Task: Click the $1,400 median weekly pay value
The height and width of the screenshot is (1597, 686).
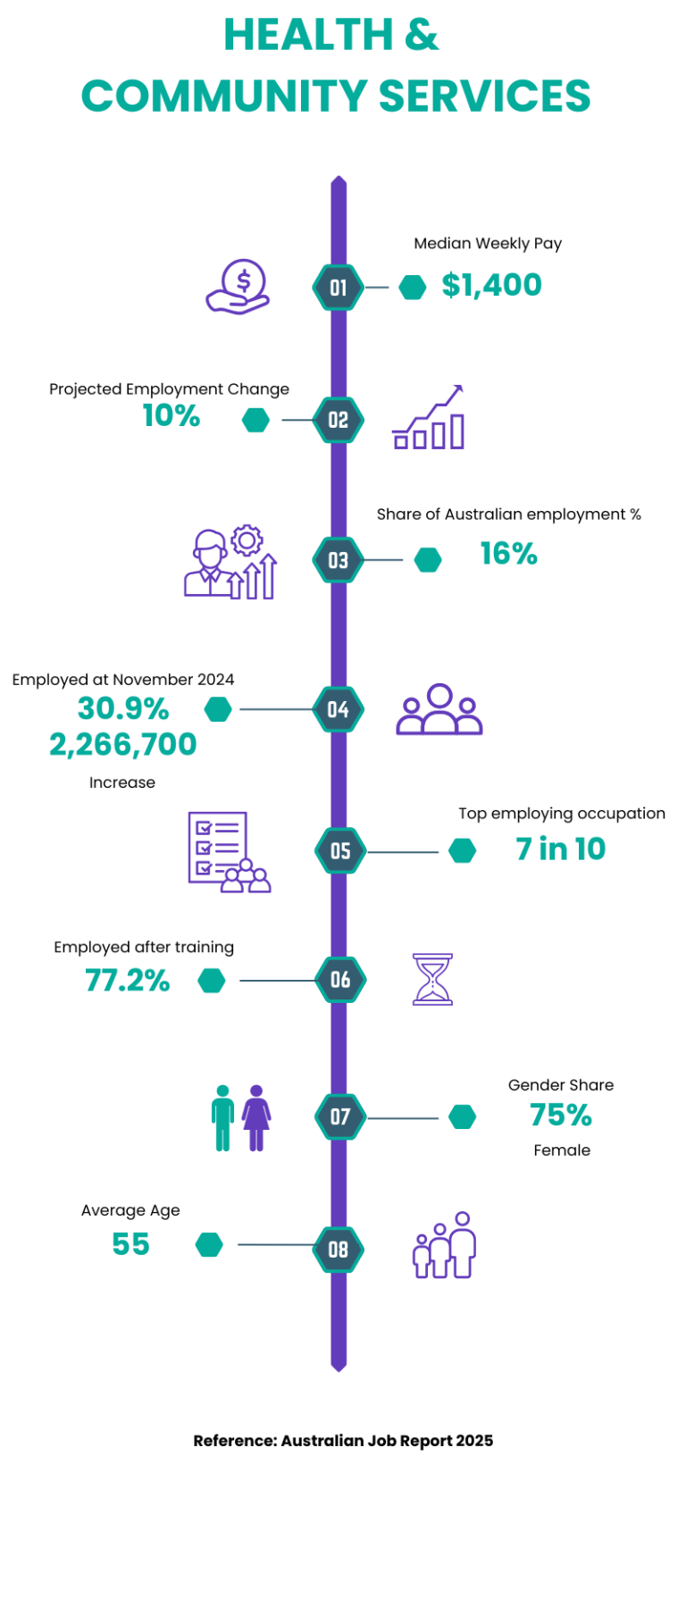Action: (491, 285)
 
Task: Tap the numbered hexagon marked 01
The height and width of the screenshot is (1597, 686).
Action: (338, 288)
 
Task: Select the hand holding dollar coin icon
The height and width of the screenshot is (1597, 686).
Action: (238, 287)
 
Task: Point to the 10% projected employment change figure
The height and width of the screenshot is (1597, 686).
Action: (171, 415)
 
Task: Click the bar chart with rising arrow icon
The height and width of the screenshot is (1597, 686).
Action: (430, 418)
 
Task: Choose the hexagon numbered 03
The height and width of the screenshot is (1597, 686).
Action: (338, 560)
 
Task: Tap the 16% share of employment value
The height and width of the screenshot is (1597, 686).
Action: (508, 554)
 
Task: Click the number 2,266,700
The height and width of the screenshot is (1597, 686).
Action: (123, 744)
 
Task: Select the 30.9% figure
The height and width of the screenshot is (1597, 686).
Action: (123, 708)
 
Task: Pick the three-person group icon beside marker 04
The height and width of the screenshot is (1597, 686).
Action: (439, 710)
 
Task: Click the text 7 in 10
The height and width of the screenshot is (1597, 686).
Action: (560, 849)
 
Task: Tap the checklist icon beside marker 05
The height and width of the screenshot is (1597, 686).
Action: (228, 852)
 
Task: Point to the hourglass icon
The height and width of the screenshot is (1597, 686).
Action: (432, 980)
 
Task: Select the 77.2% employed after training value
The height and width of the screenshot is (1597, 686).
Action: (128, 981)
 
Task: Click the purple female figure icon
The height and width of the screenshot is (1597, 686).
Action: (256, 1117)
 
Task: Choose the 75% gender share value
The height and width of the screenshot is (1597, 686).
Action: (561, 1115)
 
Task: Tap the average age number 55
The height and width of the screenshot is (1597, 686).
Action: (130, 1244)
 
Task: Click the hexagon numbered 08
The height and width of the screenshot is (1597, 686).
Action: (338, 1250)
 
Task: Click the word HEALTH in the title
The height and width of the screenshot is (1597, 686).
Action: (307, 36)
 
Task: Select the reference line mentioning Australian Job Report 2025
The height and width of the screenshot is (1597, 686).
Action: (343, 1441)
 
